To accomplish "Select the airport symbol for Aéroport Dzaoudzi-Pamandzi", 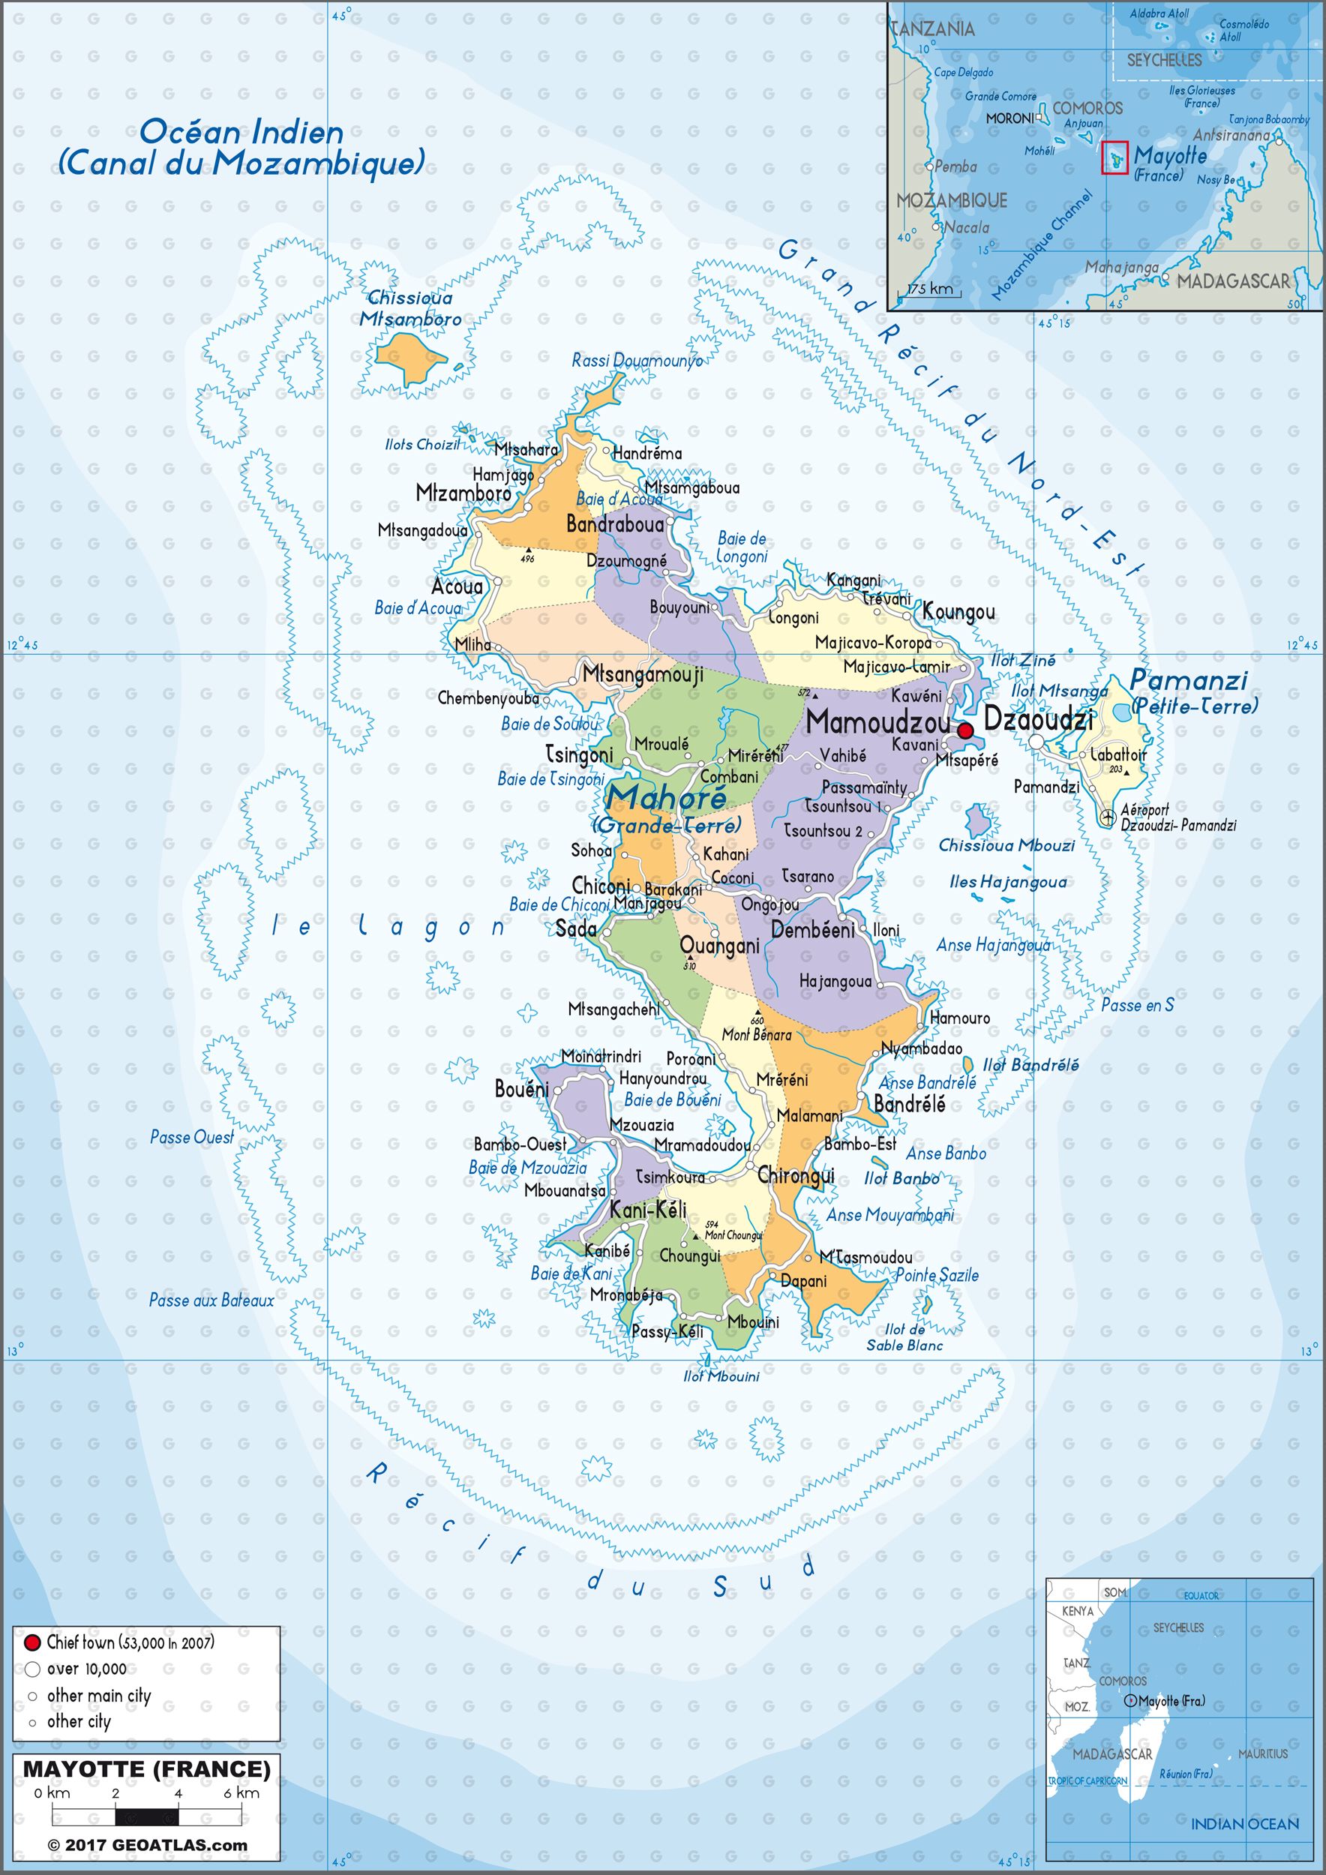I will pos(1107,816).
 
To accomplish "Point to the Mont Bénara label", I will pos(756,1035).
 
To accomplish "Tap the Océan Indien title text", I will pos(241,132).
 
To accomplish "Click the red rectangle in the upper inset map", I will pos(1115,157).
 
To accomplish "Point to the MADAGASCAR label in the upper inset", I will pos(1233,282).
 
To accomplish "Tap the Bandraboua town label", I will pos(615,524).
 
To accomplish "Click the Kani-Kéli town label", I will pos(649,1210).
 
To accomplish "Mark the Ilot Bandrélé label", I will pos(1030,1065).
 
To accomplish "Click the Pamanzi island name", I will pos(1189,679).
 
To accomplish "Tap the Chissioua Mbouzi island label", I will pos(1006,845).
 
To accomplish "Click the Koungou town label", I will pos(958,612).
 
